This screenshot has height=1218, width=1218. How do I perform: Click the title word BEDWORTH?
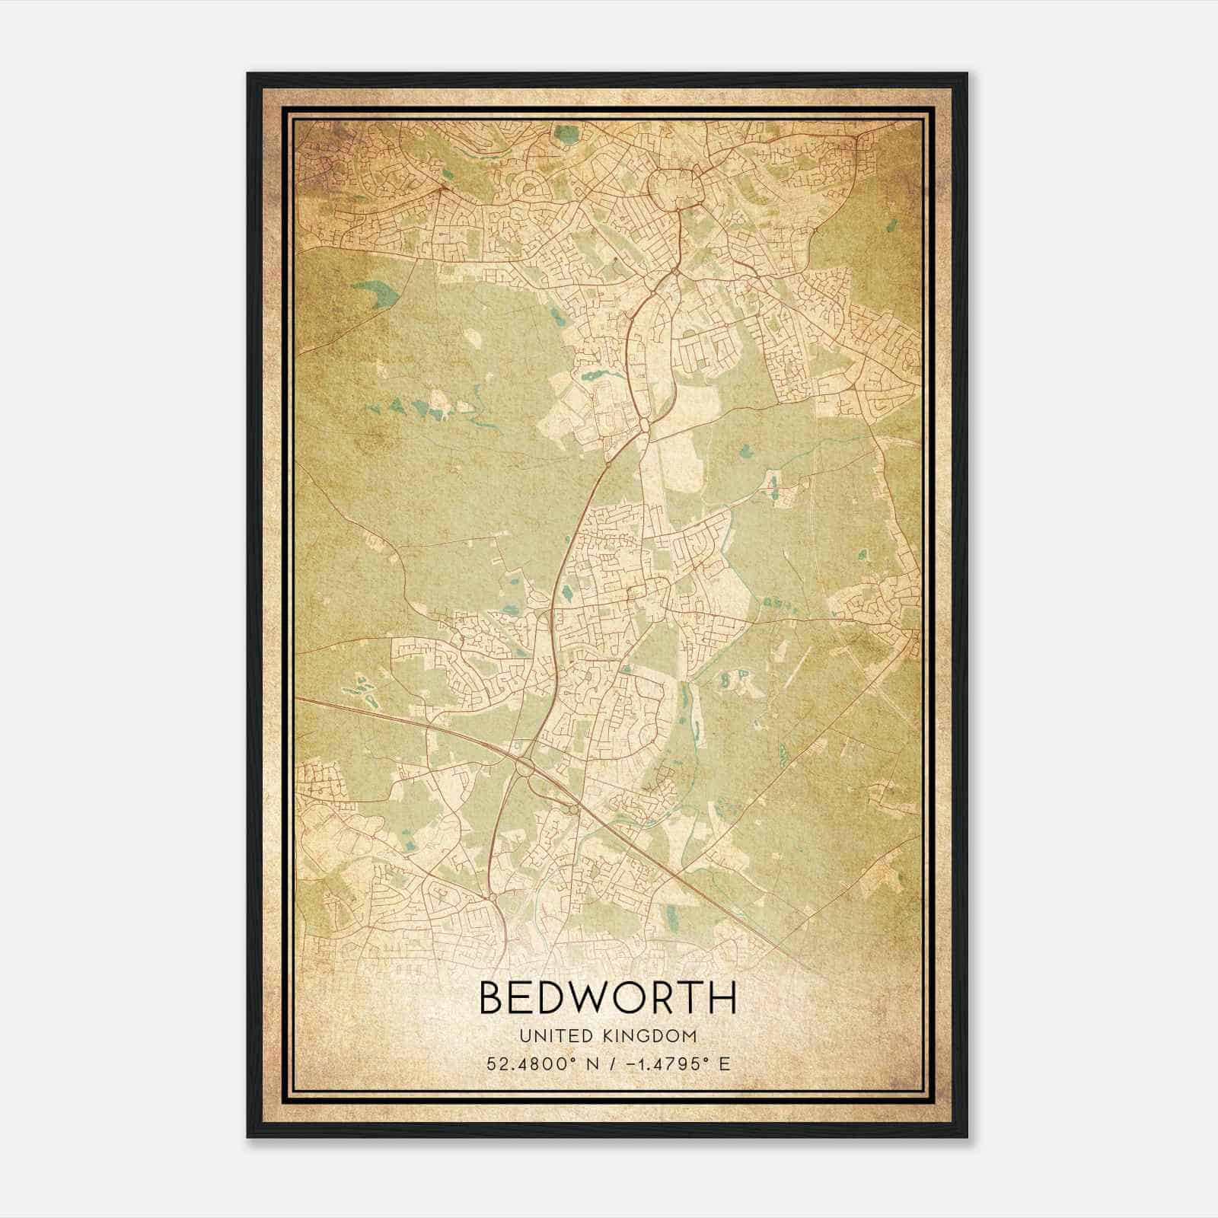(607, 997)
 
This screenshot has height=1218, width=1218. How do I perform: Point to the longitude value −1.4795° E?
(671, 1063)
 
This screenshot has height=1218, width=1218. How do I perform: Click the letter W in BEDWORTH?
(600, 997)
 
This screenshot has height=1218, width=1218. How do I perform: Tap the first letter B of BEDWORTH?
(493, 997)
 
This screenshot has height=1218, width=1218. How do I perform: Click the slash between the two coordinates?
(607, 1063)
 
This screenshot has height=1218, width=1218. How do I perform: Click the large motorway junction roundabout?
(525, 767)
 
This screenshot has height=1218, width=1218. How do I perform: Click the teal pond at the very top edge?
(565, 134)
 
